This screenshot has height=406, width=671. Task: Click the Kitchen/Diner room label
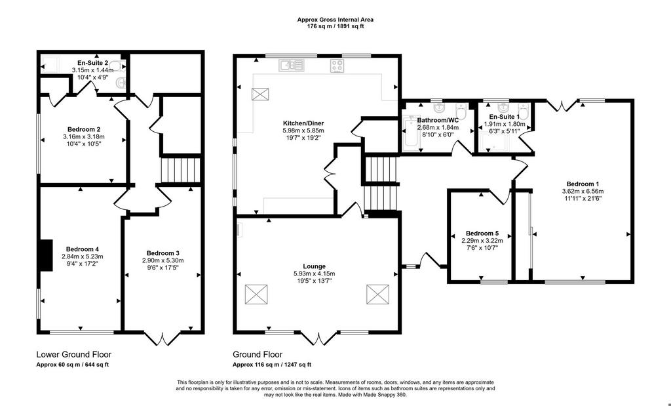(303, 123)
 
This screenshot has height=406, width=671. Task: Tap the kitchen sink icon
(292, 65)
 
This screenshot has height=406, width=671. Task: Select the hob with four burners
(337, 66)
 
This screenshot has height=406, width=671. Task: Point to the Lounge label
(314, 266)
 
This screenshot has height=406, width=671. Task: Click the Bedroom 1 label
(583, 184)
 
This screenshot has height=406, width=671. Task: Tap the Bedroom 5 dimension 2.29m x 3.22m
(482, 241)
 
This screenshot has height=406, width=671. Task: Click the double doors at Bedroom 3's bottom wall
(163, 338)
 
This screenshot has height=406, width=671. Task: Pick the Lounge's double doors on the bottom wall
(320, 338)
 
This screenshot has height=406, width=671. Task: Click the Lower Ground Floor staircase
(181, 171)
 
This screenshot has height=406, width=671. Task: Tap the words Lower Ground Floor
(73, 355)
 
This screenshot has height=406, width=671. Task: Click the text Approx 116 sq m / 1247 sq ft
(272, 365)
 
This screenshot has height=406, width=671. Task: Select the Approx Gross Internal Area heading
(335, 20)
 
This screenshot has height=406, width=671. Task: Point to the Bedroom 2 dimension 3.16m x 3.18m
(83, 136)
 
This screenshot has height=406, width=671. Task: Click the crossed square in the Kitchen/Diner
(259, 94)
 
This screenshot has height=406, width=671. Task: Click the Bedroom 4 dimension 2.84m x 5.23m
(83, 256)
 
